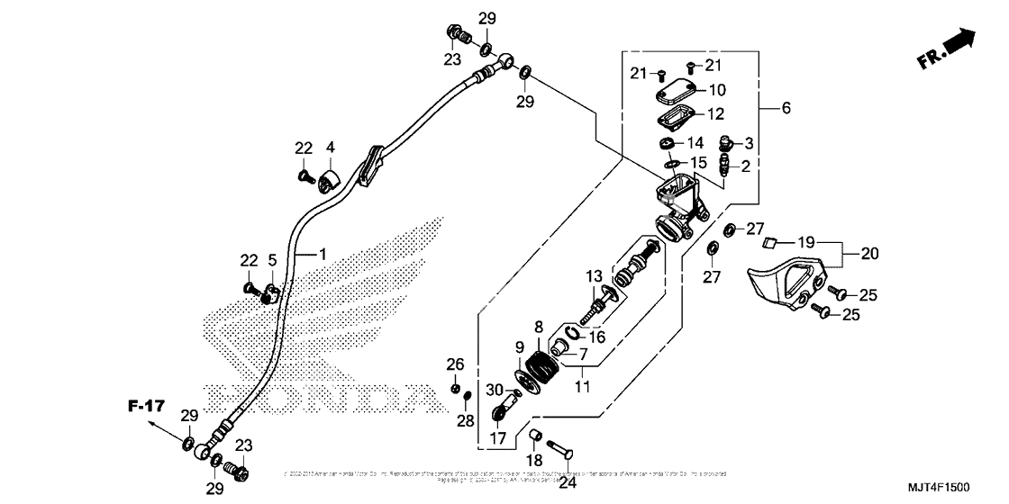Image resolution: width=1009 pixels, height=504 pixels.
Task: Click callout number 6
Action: coord(786,108)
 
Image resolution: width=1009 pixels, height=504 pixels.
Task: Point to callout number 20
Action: coord(868,255)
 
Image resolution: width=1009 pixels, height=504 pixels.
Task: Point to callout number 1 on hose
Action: coord(323,255)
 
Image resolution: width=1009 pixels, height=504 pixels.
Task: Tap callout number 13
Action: coord(595,275)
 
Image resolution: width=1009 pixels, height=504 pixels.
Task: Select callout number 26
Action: coord(456,364)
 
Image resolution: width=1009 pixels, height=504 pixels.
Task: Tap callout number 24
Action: coord(568,481)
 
